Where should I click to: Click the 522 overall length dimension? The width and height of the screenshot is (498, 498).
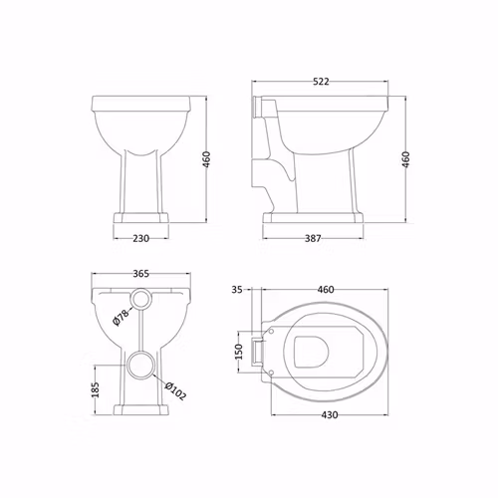[x=321, y=82]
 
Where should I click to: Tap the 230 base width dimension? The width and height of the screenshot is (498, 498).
[x=141, y=238]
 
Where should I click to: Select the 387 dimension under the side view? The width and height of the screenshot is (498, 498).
[x=313, y=238]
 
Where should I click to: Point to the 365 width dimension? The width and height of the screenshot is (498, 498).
[x=141, y=274]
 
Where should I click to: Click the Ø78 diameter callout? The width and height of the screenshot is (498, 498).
[x=121, y=317]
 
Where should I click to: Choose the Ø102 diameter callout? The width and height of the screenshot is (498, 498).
[x=175, y=391]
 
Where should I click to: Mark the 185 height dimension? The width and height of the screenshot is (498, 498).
[x=96, y=389]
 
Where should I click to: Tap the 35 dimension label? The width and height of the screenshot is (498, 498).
[x=237, y=290]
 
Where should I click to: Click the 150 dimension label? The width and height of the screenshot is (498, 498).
[x=239, y=352]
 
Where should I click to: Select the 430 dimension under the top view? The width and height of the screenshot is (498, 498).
[x=330, y=415]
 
